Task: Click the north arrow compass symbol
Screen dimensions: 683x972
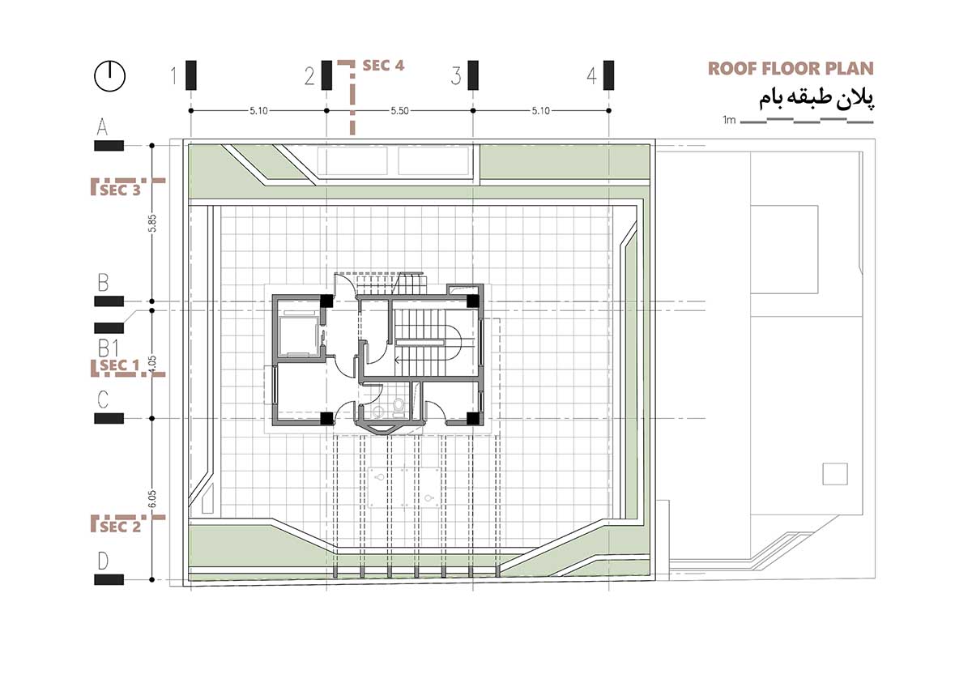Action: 109,76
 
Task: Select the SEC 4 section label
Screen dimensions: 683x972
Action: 383,66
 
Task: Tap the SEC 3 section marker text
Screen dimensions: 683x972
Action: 121,191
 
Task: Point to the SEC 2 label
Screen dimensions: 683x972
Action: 121,527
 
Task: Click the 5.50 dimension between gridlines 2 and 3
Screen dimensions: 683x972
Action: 399,111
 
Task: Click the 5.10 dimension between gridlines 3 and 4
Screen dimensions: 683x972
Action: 540,111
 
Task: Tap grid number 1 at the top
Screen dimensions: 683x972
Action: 173,77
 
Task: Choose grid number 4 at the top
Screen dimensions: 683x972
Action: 591,77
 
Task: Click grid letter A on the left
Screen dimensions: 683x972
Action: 103,127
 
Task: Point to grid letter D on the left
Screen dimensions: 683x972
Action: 103,561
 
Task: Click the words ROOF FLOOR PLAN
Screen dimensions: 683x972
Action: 791,68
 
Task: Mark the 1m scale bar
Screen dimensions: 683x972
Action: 806,121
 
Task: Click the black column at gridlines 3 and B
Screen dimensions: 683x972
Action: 472,301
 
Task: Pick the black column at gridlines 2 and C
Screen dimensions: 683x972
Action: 326,419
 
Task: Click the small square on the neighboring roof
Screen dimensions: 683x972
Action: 834,473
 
